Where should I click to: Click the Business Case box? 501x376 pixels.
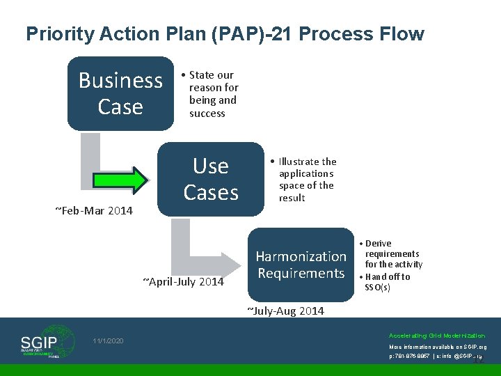(x=120, y=93)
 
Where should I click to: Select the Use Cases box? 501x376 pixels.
(x=211, y=180)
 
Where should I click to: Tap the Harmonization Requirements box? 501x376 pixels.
(x=301, y=265)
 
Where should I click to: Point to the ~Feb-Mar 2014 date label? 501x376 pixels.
(x=93, y=210)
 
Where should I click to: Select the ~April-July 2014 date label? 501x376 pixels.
(x=183, y=281)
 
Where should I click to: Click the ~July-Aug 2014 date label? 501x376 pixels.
(x=285, y=311)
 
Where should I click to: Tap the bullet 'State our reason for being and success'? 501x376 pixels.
(x=212, y=94)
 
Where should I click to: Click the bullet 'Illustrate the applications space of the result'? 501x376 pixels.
(x=305, y=180)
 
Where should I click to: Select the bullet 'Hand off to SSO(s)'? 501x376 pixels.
(x=387, y=282)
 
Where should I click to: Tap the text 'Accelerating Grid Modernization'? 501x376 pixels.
(x=437, y=336)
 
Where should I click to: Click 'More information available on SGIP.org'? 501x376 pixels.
(x=438, y=347)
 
